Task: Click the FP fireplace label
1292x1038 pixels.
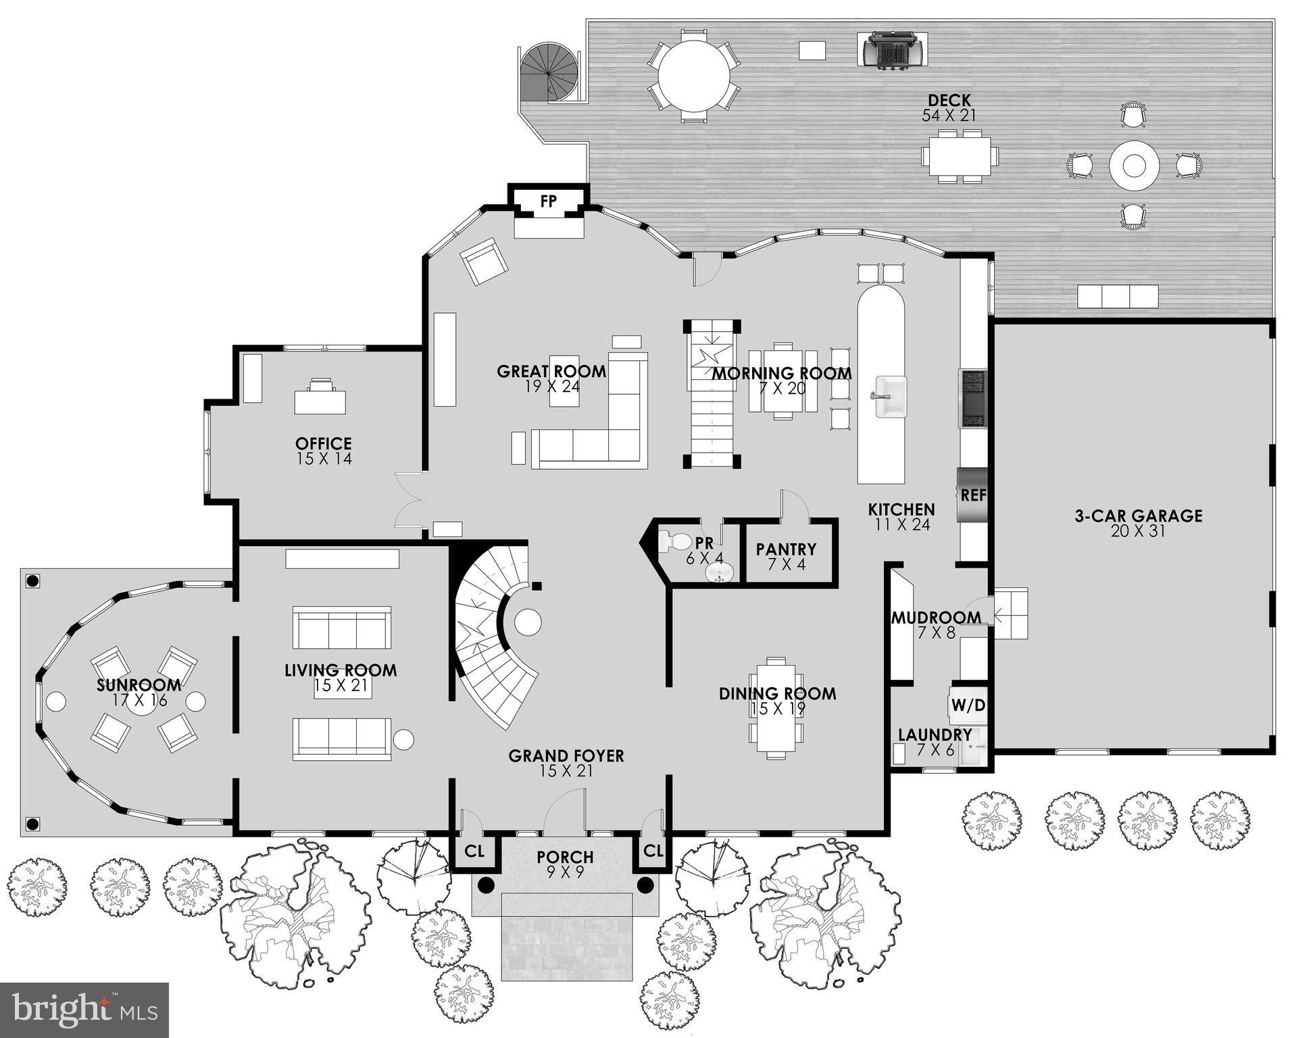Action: click(548, 201)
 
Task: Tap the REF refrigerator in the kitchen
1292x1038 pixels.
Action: click(973, 495)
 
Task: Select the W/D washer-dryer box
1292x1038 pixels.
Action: click(968, 706)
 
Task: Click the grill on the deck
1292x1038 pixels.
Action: click(893, 49)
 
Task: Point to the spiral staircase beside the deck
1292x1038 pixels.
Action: click(549, 72)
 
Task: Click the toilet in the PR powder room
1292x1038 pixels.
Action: click(674, 541)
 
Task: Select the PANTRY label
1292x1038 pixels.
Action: click(786, 549)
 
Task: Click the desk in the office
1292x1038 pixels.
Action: click(320, 399)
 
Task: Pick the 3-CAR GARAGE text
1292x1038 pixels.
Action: click(1138, 516)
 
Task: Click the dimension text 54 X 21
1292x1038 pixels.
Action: click(949, 116)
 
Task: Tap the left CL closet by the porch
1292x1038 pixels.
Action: click(474, 851)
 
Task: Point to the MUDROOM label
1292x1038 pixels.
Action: click(936, 618)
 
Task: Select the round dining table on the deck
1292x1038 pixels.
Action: click(694, 75)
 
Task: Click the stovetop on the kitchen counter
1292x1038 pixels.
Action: click(974, 399)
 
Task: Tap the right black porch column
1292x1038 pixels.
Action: click(645, 885)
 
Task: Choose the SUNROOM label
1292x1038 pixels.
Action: click(139, 685)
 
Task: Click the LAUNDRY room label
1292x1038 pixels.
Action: click(935, 735)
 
